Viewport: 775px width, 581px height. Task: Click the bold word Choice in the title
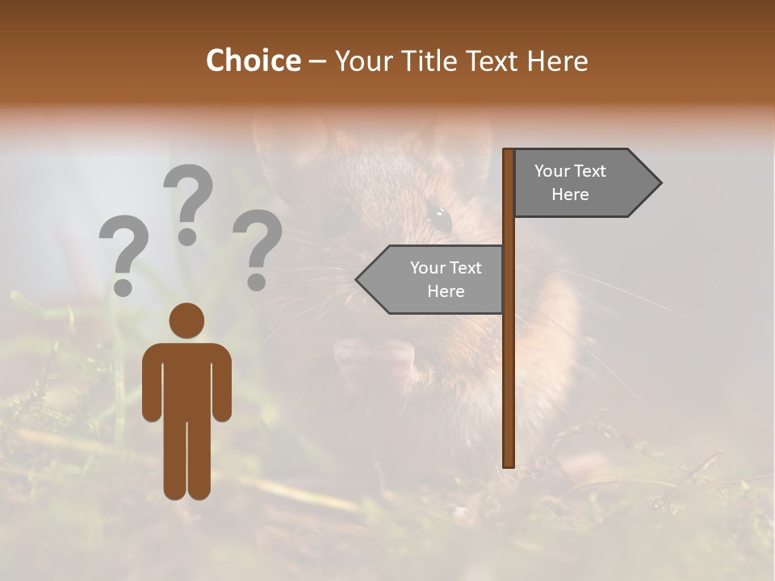click(x=253, y=61)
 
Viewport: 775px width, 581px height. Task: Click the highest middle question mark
click(x=188, y=203)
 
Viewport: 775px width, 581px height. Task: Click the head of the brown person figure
click(x=186, y=320)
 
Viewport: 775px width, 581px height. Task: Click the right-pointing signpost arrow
click(x=585, y=183)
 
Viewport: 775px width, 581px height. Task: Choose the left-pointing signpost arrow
click(x=432, y=279)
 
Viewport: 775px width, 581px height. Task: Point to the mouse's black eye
click(x=440, y=217)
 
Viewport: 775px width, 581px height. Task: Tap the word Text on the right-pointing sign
click(x=591, y=171)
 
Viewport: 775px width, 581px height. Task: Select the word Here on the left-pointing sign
click(x=446, y=291)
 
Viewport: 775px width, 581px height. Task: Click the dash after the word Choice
click(x=317, y=62)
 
